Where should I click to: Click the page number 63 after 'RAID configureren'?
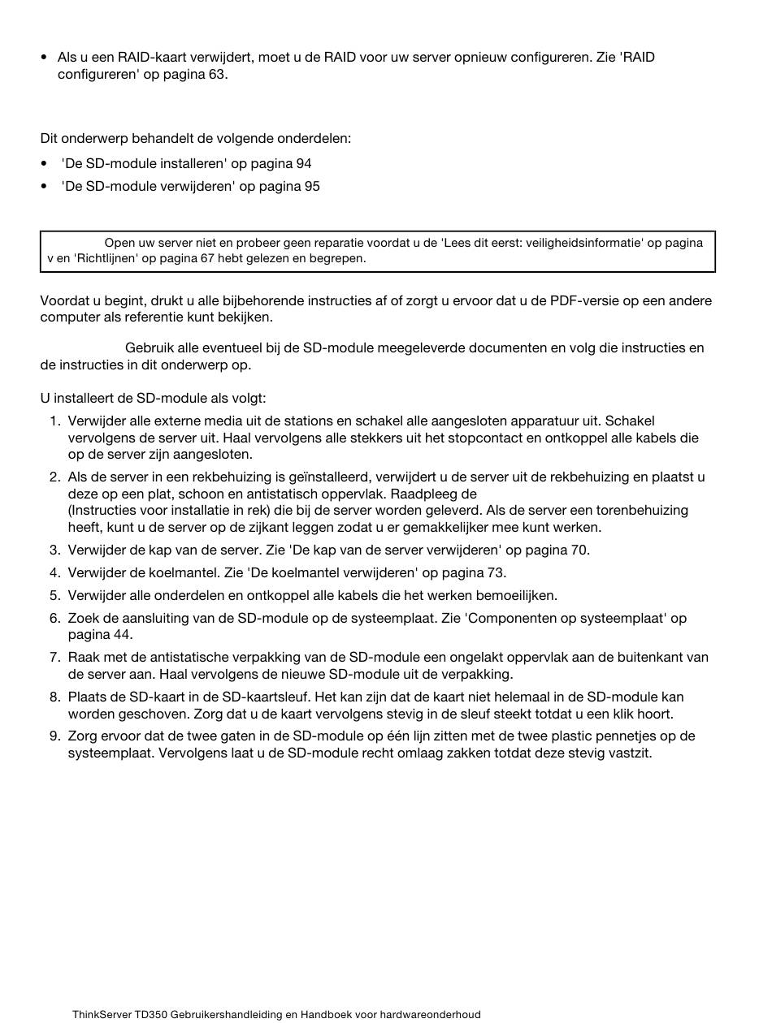(x=217, y=74)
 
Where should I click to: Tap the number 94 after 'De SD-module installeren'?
(x=304, y=163)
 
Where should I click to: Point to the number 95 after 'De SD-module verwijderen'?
(x=312, y=186)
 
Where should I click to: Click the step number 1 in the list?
(x=54, y=421)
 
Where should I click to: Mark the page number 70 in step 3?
(x=579, y=550)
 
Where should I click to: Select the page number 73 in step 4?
(x=496, y=572)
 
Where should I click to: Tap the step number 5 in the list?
(x=54, y=595)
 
